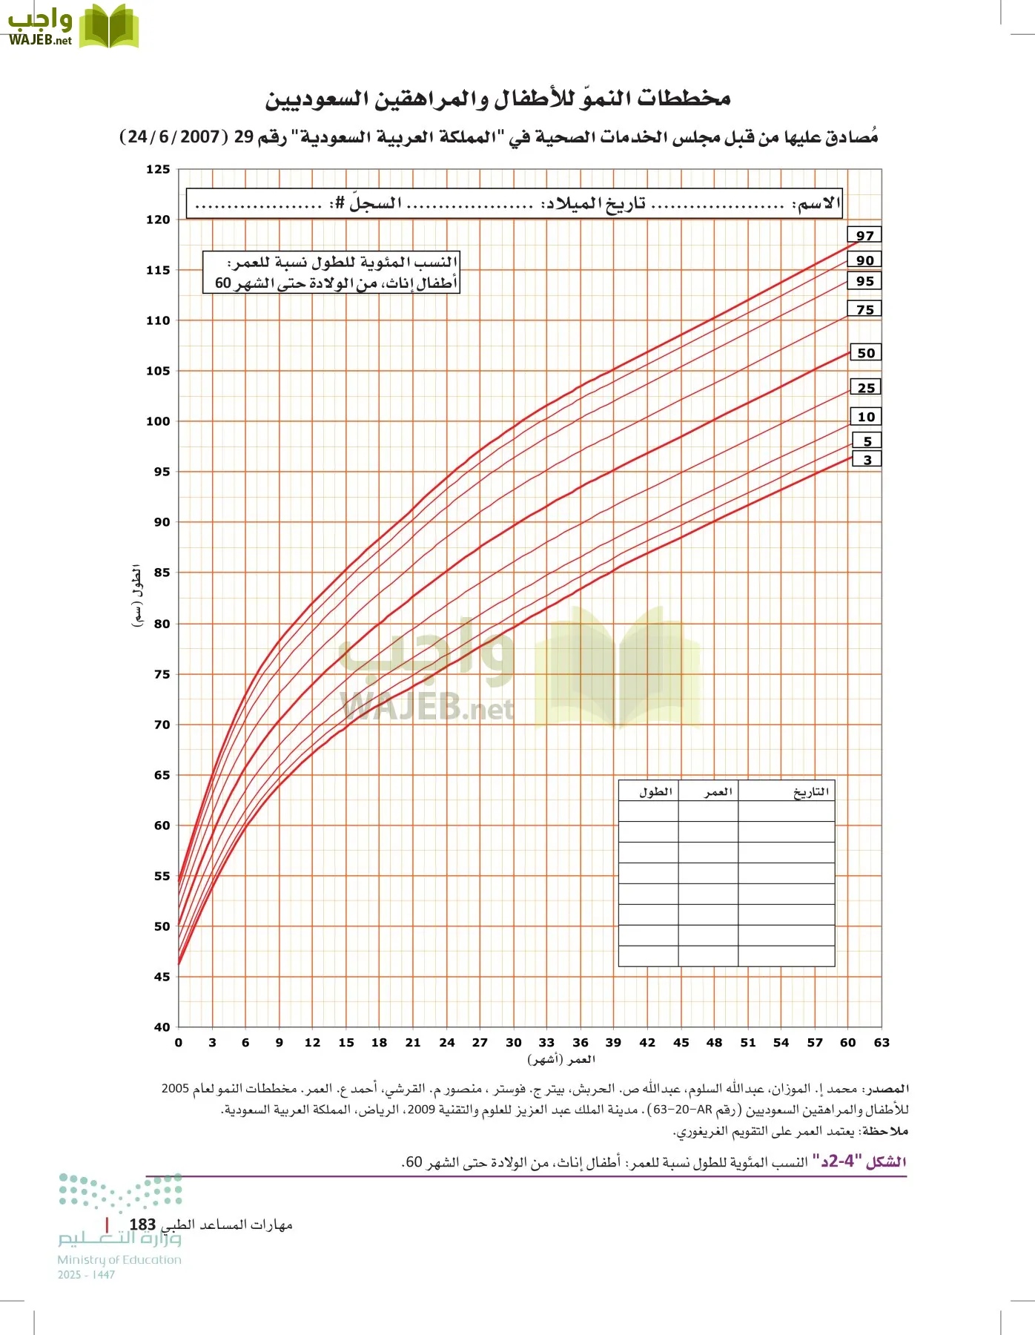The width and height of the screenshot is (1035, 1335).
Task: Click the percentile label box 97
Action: pyautogui.click(x=864, y=235)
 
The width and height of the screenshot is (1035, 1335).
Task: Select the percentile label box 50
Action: pyautogui.click(x=865, y=353)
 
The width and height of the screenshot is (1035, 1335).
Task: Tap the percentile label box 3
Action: pyautogui.click(x=867, y=460)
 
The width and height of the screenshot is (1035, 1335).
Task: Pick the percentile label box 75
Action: pyautogui.click(x=864, y=309)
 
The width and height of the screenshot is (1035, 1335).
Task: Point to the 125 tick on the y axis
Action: pyautogui.click(x=158, y=170)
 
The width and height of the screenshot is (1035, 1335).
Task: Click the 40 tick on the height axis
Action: pyautogui.click(x=162, y=1027)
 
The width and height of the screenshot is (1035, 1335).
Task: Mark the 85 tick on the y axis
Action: pyautogui.click(x=162, y=573)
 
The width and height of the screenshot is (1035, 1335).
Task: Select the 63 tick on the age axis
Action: pyautogui.click(x=881, y=1042)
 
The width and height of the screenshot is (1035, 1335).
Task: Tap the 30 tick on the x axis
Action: pyautogui.click(x=513, y=1042)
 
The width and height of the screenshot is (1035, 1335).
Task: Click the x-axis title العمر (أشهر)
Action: pyautogui.click(x=561, y=1059)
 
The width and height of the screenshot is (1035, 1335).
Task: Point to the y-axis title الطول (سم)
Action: pyautogui.click(x=137, y=596)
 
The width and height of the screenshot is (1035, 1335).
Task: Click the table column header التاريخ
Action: pyautogui.click(x=810, y=792)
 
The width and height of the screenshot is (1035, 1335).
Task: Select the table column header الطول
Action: pyautogui.click(x=655, y=792)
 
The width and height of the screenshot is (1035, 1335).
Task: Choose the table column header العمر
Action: pyautogui.click(x=718, y=792)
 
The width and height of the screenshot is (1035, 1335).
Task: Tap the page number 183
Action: pyautogui.click(x=142, y=1224)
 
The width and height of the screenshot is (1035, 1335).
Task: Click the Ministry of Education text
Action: pyautogui.click(x=119, y=1259)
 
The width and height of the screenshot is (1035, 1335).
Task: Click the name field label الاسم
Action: pyautogui.click(x=817, y=203)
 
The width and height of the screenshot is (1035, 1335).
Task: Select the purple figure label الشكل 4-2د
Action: pyautogui.click(x=863, y=1161)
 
